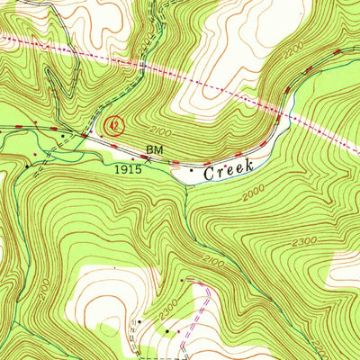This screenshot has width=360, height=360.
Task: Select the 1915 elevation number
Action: click(128, 168)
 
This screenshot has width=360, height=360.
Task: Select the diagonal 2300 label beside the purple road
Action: click(168, 310)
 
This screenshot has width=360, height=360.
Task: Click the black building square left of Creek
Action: click(191, 168)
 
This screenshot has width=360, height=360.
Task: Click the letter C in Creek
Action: click(209, 169)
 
